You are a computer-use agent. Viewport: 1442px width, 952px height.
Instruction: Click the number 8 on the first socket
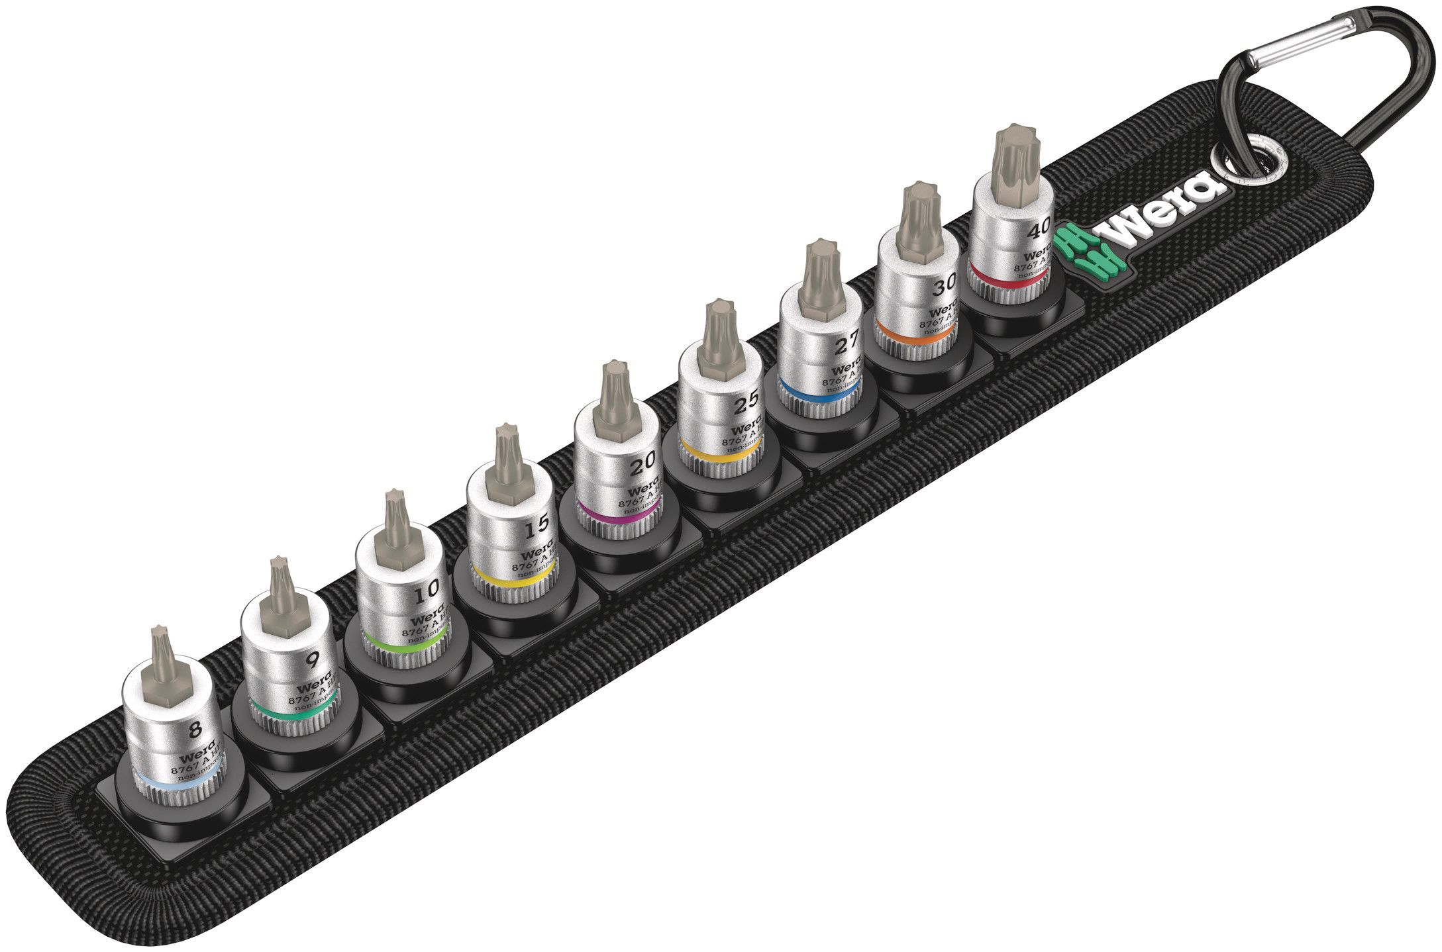pyautogui.click(x=194, y=730)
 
